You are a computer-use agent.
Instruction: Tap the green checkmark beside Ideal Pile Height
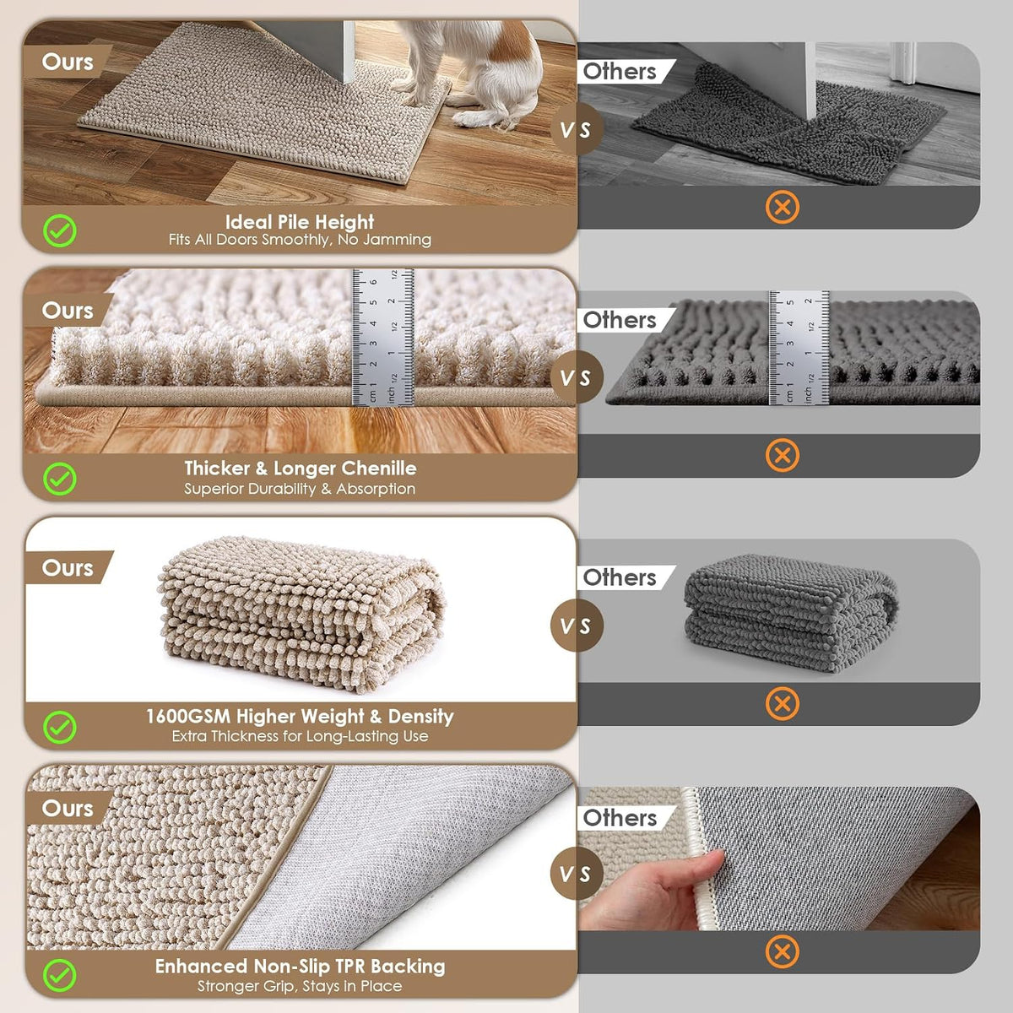pos(59,230)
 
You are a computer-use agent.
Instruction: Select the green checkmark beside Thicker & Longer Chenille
pos(59,479)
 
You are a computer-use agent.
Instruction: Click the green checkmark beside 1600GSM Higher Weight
pos(59,728)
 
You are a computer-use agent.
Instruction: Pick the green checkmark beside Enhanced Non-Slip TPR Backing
pos(59,976)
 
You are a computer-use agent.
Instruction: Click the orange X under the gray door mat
pos(783,207)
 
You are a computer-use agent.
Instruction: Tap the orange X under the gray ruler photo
pos(783,455)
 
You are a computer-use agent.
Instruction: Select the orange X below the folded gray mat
pos(783,703)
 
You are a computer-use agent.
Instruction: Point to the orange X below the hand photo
pos(783,951)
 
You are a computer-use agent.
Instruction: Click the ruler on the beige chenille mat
pos(382,337)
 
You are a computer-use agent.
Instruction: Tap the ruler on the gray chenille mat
pos(799,348)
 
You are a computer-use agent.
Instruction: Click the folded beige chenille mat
pos(301,613)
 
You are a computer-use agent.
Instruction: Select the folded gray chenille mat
pos(791,613)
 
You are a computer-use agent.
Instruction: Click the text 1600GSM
pos(188,717)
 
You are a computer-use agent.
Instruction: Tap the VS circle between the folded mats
pos(577,626)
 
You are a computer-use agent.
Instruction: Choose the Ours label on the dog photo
pos(68,62)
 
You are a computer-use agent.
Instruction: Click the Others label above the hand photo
pos(620,818)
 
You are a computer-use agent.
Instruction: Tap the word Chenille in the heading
pos(377,469)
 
